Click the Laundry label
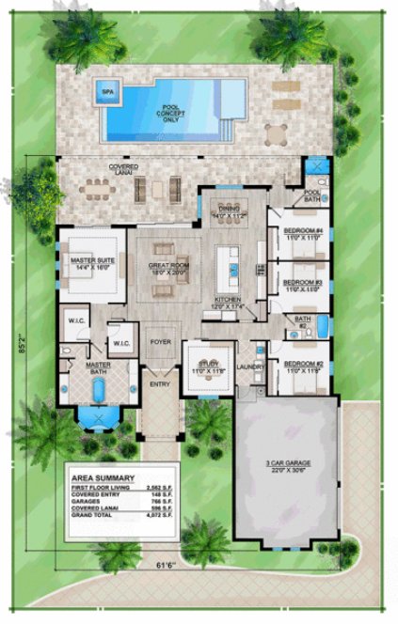click(250, 367)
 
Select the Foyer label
click(161, 343)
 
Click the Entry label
click(157, 384)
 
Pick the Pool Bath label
click(312, 195)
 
